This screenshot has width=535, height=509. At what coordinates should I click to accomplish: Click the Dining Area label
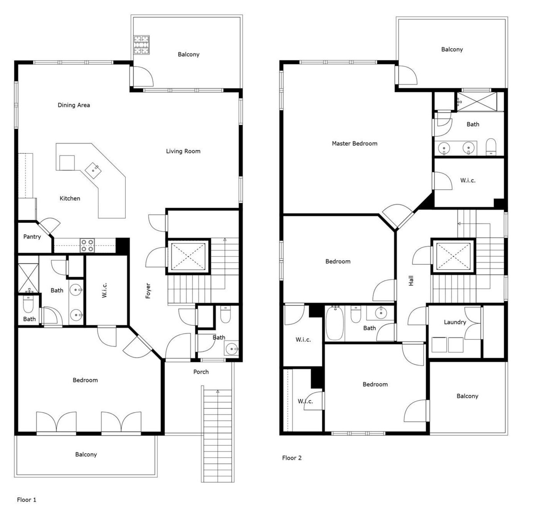[x=74, y=105]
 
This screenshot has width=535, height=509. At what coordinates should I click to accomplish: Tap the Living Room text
[x=183, y=151]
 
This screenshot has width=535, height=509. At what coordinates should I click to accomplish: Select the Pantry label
[x=32, y=237]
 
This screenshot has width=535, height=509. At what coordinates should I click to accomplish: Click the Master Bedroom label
[x=354, y=144]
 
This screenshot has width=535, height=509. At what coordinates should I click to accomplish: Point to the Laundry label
[x=455, y=322]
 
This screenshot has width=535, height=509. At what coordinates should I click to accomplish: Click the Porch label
[x=201, y=372]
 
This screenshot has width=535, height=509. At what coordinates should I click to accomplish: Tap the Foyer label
[x=148, y=291]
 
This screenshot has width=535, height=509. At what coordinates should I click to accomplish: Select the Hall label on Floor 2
[x=411, y=280]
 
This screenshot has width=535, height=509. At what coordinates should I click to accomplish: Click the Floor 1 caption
[x=26, y=500]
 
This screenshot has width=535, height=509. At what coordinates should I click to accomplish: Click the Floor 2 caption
[x=292, y=458]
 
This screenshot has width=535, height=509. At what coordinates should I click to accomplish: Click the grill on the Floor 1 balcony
[x=141, y=45]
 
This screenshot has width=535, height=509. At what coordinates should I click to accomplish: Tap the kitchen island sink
[x=93, y=170]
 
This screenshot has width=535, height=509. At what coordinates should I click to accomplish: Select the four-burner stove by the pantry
[x=87, y=246]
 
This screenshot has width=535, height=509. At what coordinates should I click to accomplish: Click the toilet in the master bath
[x=491, y=147]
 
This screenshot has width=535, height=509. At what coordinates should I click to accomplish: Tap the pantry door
[x=49, y=226]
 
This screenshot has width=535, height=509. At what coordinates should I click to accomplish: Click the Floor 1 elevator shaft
[x=188, y=257]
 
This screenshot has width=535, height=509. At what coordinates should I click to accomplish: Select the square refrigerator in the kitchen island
[x=67, y=163]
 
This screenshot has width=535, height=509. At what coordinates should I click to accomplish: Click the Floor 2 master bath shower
[x=477, y=102]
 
